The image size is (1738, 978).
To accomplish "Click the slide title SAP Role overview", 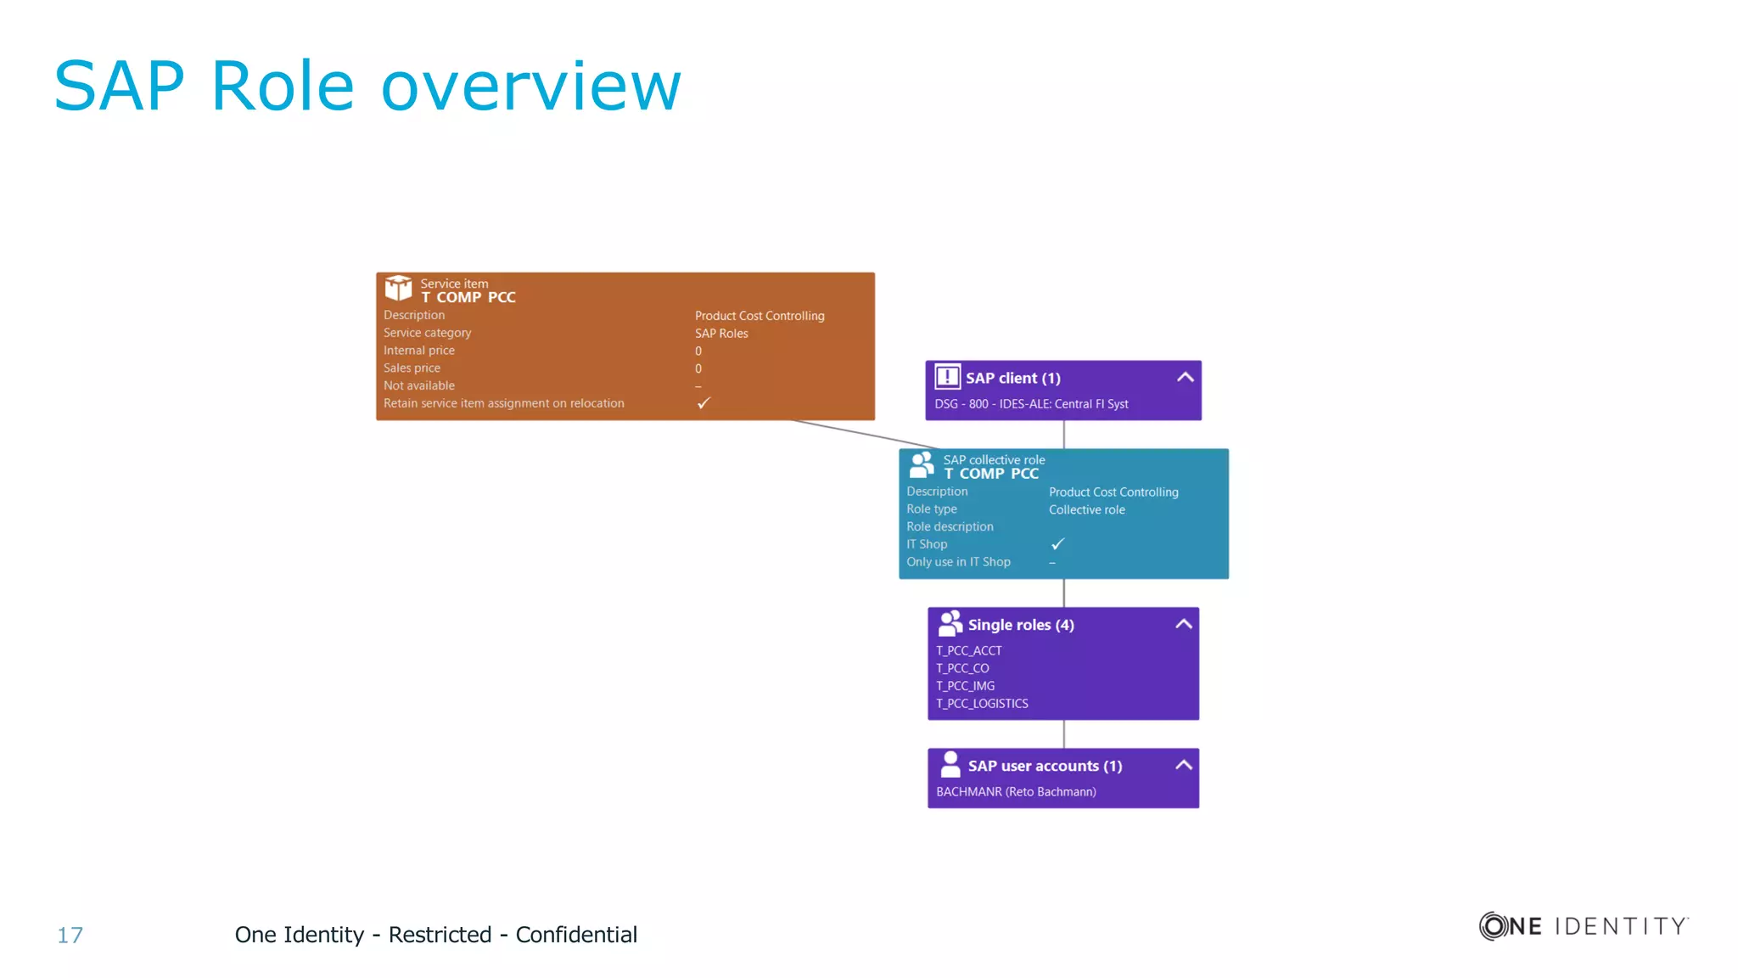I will pyautogui.click(x=367, y=86).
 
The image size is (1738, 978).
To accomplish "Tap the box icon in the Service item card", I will pyautogui.click(x=398, y=288).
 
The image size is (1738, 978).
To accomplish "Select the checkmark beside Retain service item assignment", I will pyautogui.click(x=704, y=403).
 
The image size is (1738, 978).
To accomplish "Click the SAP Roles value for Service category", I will pyautogui.click(x=721, y=334).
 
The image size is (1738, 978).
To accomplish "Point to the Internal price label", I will pyautogui.click(x=418, y=351).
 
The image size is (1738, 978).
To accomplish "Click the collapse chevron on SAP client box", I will pyautogui.click(x=1185, y=378).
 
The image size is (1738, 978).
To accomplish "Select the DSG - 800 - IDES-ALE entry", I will pyautogui.click(x=1031, y=404).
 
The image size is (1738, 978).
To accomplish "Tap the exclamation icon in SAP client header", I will pyautogui.click(x=947, y=377).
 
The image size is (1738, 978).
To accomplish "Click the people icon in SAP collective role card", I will pyautogui.click(x=922, y=465).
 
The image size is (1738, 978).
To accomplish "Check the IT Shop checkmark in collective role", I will pyautogui.click(x=1057, y=544).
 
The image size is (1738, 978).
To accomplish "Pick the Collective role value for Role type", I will pyautogui.click(x=1086, y=510).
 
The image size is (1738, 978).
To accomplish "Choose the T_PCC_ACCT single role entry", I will pyautogui.click(x=968, y=651).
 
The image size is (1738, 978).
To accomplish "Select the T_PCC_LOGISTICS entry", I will pyautogui.click(x=982, y=704).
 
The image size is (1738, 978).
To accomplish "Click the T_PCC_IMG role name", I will pyautogui.click(x=965, y=686).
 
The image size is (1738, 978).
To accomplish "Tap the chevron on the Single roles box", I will pyautogui.click(x=1183, y=625).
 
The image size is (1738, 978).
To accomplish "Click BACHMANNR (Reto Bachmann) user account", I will pyautogui.click(x=1016, y=792).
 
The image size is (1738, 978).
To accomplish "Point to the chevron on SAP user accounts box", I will pyautogui.click(x=1183, y=766).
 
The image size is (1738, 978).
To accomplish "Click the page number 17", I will pyautogui.click(x=70, y=936).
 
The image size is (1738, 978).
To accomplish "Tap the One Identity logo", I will pyautogui.click(x=1584, y=925).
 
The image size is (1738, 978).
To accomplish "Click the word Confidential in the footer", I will pyautogui.click(x=576, y=935).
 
